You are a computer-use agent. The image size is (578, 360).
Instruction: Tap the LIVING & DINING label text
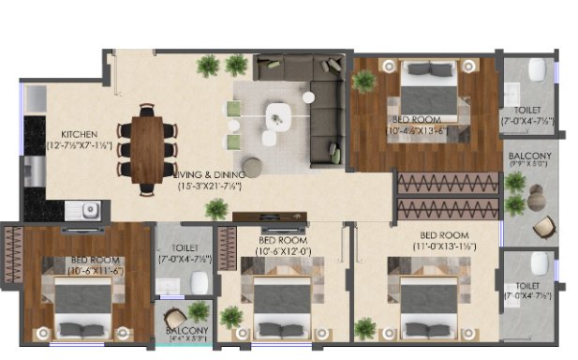pos(210,173)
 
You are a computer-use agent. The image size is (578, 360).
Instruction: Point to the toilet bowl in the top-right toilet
pos(537,69)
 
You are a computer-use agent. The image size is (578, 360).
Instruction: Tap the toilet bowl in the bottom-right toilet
pos(537,262)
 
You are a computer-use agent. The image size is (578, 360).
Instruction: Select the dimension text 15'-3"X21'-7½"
pos(210,186)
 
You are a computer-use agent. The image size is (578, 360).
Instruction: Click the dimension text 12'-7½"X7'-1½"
pos(80,145)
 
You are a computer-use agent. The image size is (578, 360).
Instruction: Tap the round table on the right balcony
pos(535,196)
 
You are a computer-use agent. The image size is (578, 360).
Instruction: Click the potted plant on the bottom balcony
pos(198,311)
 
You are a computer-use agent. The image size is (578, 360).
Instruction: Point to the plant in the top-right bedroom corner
pos(362,80)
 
